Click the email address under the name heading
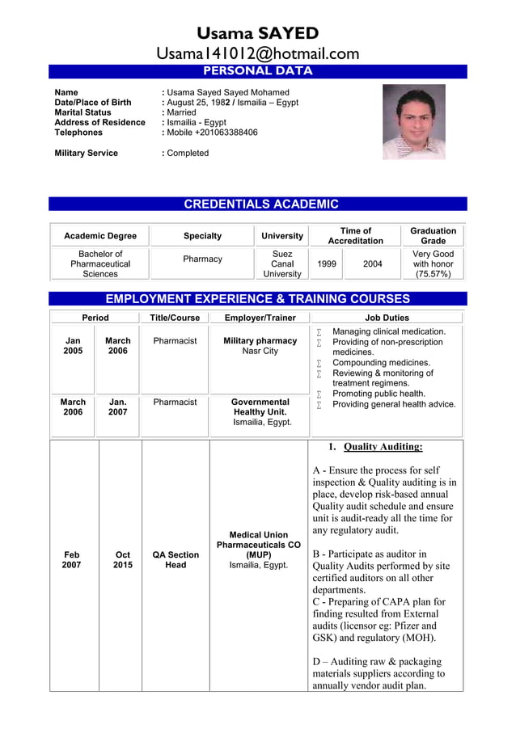click(x=257, y=54)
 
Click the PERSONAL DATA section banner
click(x=257, y=71)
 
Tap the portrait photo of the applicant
click(x=413, y=122)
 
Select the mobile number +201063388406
click(x=212, y=133)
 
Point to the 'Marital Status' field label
click(x=82, y=112)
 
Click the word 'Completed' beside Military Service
click(x=188, y=153)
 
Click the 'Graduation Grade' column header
click(x=433, y=235)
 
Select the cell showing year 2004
click(x=372, y=263)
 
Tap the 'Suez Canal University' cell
click(x=282, y=263)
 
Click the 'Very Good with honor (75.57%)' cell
click(x=433, y=263)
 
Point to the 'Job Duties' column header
click(x=387, y=318)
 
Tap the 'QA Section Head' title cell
click(x=176, y=559)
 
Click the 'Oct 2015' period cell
click(x=122, y=559)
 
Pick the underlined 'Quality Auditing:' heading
click(x=382, y=447)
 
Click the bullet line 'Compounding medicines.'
click(x=381, y=363)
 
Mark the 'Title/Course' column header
click(x=176, y=318)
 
